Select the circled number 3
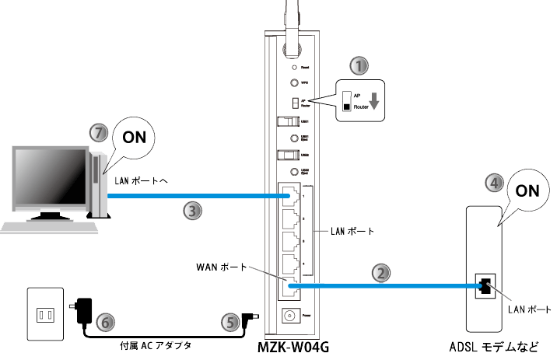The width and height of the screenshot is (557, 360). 191,209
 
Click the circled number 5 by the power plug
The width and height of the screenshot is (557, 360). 229,322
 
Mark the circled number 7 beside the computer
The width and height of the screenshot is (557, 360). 98,133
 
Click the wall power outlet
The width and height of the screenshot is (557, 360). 44,315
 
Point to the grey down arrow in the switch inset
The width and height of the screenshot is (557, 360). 375,101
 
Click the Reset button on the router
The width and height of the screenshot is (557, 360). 294,68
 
